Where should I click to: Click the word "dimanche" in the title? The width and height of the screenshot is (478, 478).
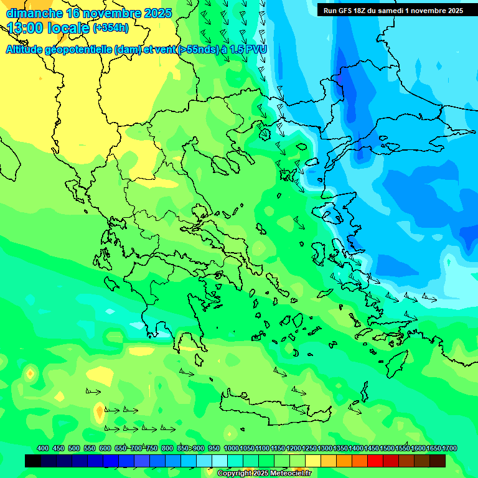[x=34, y=13]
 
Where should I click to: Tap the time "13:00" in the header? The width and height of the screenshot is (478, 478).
[x=28, y=28]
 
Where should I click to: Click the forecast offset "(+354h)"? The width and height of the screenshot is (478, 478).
[x=111, y=28]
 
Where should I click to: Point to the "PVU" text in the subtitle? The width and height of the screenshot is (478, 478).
[x=255, y=49]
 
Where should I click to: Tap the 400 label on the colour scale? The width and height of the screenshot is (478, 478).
[x=43, y=449]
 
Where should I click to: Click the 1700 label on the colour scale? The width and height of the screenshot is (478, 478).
[x=449, y=449]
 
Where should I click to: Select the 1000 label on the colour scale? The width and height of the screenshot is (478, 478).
[x=232, y=449]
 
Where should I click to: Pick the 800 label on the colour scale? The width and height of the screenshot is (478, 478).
[x=167, y=449]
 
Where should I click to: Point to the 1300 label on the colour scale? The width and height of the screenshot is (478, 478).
[x=325, y=449]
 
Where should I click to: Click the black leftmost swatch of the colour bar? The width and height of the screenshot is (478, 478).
[x=33, y=461]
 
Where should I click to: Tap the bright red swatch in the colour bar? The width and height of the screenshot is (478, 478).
[x=375, y=461]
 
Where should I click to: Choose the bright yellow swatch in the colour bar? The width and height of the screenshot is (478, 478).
[x=313, y=461]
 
